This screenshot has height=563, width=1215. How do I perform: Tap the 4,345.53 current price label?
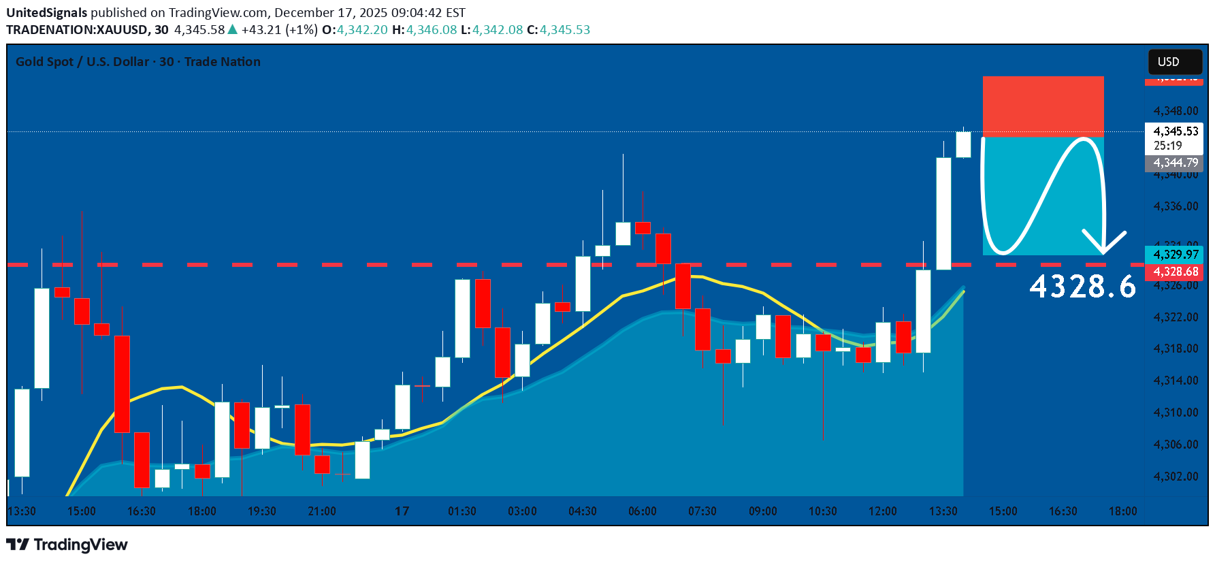pos(1176,131)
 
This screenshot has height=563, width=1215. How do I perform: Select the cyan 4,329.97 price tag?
pos(1176,255)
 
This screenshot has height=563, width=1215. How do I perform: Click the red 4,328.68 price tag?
pos(1176,272)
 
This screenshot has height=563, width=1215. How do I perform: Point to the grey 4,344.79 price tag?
pos(1176,163)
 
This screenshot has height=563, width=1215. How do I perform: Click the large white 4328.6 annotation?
pos(1082,287)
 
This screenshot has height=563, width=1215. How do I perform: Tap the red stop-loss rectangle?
pos(1043,106)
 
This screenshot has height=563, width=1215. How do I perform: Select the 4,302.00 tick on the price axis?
pos(1176,477)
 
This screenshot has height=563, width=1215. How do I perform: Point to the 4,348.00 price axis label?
pos(1176,111)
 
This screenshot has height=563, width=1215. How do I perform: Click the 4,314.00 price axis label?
pos(1176,381)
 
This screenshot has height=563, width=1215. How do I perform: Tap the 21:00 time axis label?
pos(322,511)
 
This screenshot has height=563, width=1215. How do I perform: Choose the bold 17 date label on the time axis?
pos(402,511)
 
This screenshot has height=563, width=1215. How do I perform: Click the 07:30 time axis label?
pos(702,511)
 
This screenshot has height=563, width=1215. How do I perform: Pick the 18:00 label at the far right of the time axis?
pos(1123,511)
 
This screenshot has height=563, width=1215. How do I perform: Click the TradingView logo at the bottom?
pos(67,545)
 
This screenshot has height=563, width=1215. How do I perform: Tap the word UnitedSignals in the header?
pos(47,13)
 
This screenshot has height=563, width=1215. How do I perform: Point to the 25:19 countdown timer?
pos(1167,146)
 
